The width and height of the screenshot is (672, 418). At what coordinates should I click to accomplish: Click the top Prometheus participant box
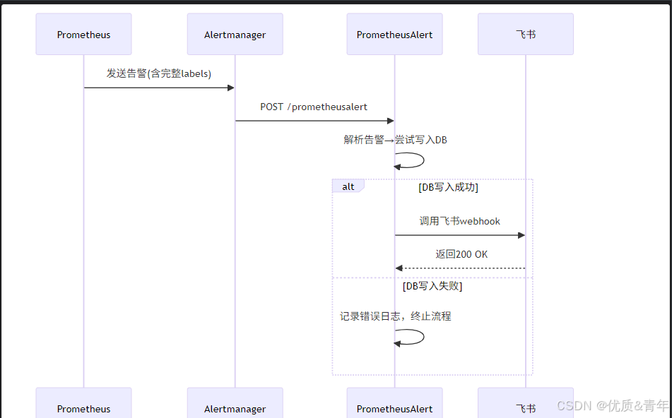pyautogui.click(x=83, y=35)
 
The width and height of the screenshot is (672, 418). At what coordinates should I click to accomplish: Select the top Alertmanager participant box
pyautogui.click(x=235, y=35)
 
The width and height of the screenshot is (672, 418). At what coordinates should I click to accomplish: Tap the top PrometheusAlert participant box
pyautogui.click(x=394, y=35)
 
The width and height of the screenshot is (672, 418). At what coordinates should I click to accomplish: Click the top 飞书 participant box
pyautogui.click(x=525, y=35)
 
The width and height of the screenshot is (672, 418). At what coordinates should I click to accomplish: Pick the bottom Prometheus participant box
pyautogui.click(x=83, y=405)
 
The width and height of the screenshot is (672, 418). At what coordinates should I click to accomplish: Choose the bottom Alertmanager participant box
pyautogui.click(x=235, y=405)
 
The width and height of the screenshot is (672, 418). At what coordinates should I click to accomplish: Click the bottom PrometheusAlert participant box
pyautogui.click(x=394, y=405)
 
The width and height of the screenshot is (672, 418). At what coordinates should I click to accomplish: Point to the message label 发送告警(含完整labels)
pyautogui.click(x=159, y=73)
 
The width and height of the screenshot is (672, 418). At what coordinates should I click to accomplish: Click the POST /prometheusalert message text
pyautogui.click(x=314, y=107)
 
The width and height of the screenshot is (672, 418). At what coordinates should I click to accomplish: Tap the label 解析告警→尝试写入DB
pyautogui.click(x=395, y=140)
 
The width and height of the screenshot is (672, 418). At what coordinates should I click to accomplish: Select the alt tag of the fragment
pyautogui.click(x=348, y=186)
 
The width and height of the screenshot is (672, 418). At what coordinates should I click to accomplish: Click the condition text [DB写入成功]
pyautogui.click(x=448, y=187)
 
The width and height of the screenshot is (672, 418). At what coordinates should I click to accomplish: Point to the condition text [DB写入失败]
pyautogui.click(x=432, y=286)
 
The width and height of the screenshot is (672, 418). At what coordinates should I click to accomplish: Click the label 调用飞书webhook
pyautogui.click(x=459, y=221)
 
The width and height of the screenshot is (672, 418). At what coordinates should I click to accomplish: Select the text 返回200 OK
pyautogui.click(x=461, y=254)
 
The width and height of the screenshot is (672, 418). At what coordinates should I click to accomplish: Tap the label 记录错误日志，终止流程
pyautogui.click(x=395, y=316)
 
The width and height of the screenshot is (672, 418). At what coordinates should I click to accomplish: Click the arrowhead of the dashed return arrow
pyautogui.click(x=399, y=268)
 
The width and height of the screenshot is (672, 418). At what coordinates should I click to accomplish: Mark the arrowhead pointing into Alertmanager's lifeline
pyautogui.click(x=230, y=88)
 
